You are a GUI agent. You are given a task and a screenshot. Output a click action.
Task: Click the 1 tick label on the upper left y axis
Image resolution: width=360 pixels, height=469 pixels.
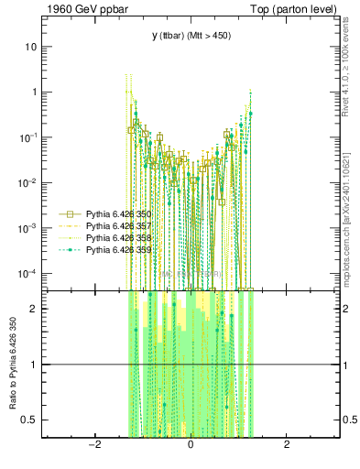pos(34,93)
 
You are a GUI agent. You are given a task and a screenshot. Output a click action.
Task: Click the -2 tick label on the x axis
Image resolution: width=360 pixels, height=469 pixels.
pos(93,446)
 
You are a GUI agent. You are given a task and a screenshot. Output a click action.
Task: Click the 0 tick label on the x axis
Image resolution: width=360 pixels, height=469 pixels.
pos(191,446)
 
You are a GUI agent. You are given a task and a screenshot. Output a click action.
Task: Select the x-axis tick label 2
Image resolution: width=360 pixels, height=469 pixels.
pos(287,446)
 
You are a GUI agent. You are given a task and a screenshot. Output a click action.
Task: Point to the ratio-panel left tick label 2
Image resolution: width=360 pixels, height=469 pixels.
pos(34,308)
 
